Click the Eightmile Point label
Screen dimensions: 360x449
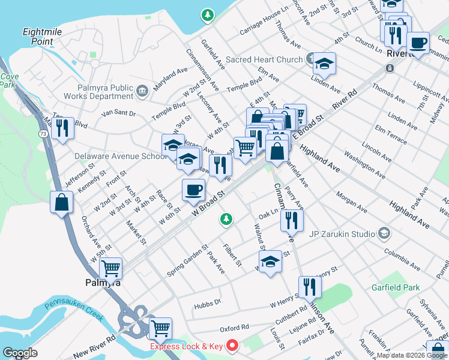[x=37, y=36]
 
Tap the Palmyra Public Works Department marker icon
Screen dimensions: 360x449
[x=142, y=91]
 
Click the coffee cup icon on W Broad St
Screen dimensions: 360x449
[x=193, y=190]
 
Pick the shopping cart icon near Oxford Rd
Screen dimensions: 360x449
[x=160, y=328]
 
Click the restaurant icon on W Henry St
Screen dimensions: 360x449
[x=310, y=286]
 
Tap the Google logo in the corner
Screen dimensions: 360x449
[x=20, y=353]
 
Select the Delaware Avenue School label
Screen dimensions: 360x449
[x=120, y=156]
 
